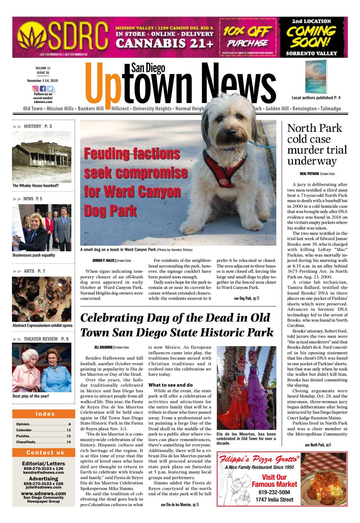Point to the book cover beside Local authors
[x=316, y=76]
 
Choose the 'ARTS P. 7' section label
[x=34, y=271]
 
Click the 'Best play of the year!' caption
[x=31, y=396]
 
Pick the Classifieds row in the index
[x=44, y=442]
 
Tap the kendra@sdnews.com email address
[x=44, y=472]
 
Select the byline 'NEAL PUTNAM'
[x=309, y=174]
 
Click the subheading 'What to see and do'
[x=170, y=385]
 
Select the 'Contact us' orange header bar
[x=44, y=452]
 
